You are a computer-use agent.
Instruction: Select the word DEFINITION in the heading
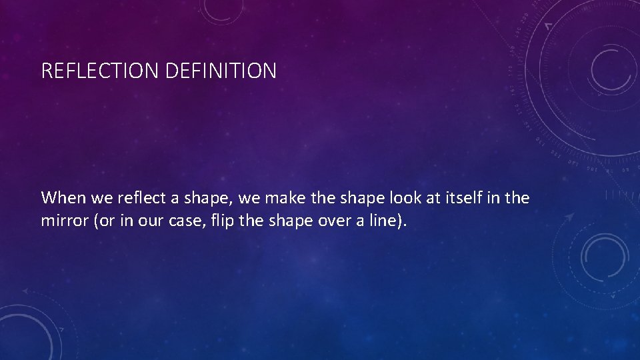click(x=219, y=71)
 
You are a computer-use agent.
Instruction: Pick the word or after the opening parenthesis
click(x=105, y=221)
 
